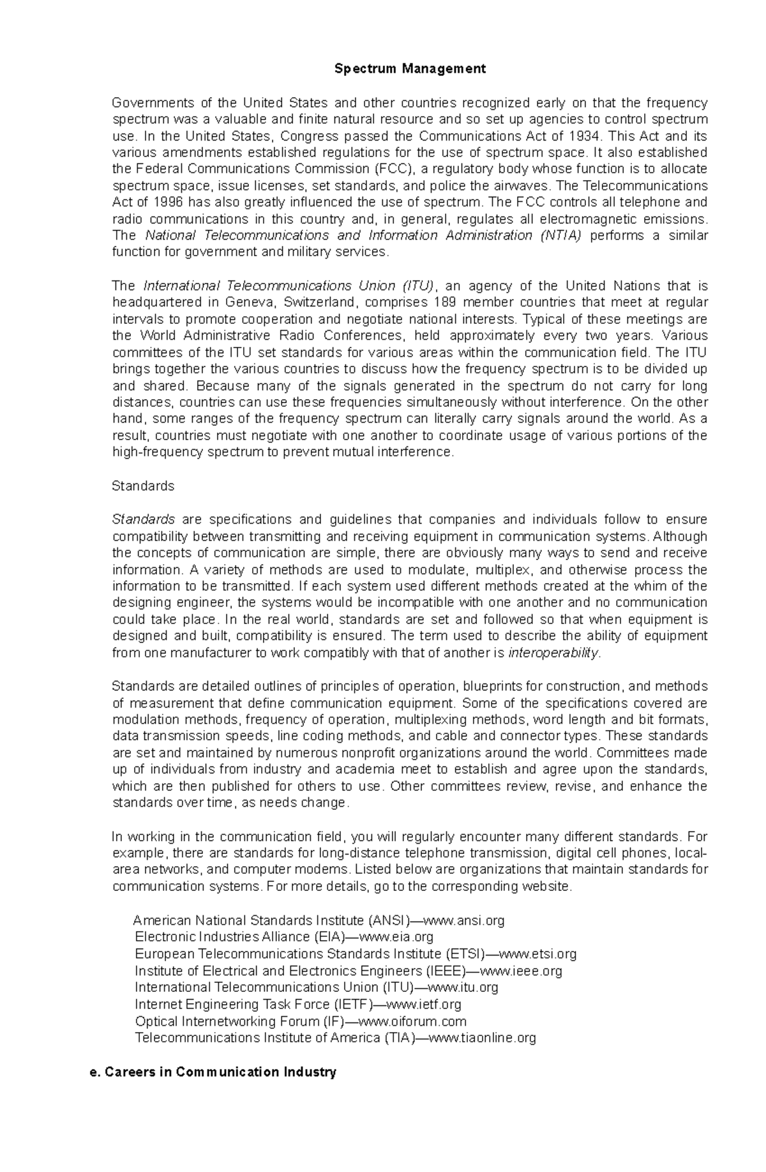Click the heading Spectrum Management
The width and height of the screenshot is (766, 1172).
pos(410,69)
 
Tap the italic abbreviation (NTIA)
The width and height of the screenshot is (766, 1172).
pos(560,236)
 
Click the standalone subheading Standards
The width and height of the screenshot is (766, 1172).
pos(143,486)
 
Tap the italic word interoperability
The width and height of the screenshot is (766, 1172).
pos(554,653)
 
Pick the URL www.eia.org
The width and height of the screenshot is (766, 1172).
pos(397,937)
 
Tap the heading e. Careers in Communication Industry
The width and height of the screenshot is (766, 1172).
pos(214,1072)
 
